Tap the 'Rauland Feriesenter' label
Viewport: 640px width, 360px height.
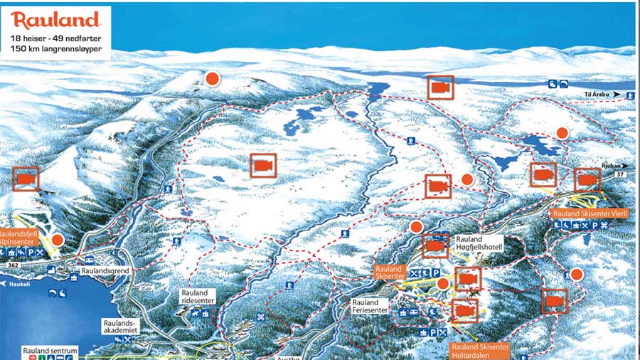click(370, 307)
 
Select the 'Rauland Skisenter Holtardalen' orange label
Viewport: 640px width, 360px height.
click(480, 351)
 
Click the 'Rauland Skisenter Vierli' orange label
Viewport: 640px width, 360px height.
click(590, 213)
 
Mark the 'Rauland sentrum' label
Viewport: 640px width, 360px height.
click(50, 351)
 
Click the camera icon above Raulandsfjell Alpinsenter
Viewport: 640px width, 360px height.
click(26, 179)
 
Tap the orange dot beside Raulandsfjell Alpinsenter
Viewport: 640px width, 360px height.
click(58, 240)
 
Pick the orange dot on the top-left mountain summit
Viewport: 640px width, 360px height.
click(211, 79)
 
